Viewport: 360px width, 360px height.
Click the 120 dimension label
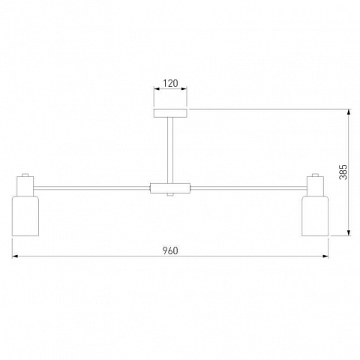coord(170,83)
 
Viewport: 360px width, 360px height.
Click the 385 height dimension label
coord(343,172)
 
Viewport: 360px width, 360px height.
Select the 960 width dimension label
coord(170,250)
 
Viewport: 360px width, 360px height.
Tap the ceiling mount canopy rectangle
coord(170,113)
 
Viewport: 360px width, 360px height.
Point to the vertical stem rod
coord(170,151)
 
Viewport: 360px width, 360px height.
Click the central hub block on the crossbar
coord(170,188)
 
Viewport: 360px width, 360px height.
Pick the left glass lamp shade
coord(25,216)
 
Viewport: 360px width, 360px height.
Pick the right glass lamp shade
coord(315,216)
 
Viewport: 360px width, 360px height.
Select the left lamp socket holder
coord(25,186)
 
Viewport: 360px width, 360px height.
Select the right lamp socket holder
coord(315,186)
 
